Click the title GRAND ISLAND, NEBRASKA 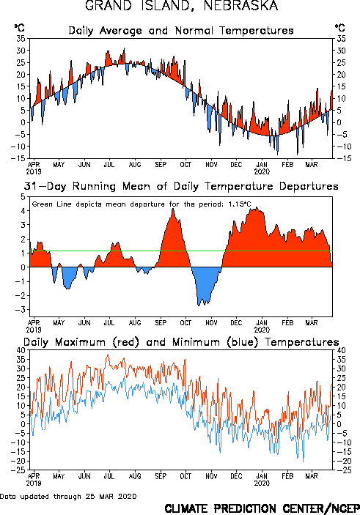click(x=182, y=6)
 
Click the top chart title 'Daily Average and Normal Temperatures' click(x=181, y=31)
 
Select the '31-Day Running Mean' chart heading click(x=181, y=186)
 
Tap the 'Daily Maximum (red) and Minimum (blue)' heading click(x=181, y=342)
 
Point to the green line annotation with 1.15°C click(x=142, y=204)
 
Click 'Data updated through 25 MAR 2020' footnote click(x=68, y=496)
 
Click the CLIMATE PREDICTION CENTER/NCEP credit click(x=262, y=508)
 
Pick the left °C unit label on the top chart click(x=19, y=28)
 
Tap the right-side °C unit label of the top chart click(x=340, y=28)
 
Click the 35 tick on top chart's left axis click(x=21, y=38)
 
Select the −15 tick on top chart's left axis click(x=18, y=158)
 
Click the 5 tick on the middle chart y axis click(x=23, y=197)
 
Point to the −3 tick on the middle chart click(x=21, y=310)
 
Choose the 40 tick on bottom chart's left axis click(x=21, y=350)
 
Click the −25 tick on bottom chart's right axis click(x=343, y=470)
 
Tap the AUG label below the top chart click(x=135, y=165)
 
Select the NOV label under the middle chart click(x=211, y=323)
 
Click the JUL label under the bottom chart click(x=109, y=476)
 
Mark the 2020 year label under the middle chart click(x=262, y=330)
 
